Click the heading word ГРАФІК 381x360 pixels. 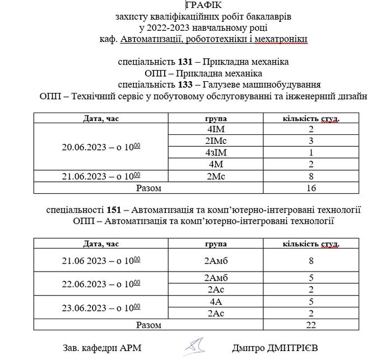coord(190,6)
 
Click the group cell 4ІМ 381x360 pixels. coord(215,129)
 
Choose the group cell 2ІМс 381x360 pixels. coord(215,141)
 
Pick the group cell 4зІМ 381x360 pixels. coord(215,152)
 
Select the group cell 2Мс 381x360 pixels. coord(215,176)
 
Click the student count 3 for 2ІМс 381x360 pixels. coord(311,141)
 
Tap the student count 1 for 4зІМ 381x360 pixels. coord(311,152)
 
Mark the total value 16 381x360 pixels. coord(311,188)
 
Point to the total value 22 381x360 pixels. coord(311,325)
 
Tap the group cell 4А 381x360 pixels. coord(215,301)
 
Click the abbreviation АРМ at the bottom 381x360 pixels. coord(129,348)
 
